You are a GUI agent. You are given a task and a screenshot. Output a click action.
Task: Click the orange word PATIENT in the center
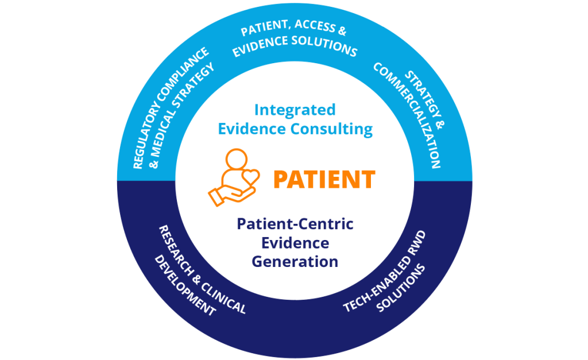click(x=324, y=179)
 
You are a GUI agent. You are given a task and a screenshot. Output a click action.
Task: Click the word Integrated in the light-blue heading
click(x=295, y=110)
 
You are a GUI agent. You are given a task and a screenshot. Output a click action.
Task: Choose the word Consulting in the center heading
click(x=331, y=129)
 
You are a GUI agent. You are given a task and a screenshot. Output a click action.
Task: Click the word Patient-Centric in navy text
click(x=295, y=224)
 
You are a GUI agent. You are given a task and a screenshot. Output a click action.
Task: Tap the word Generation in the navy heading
click(x=295, y=261)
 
